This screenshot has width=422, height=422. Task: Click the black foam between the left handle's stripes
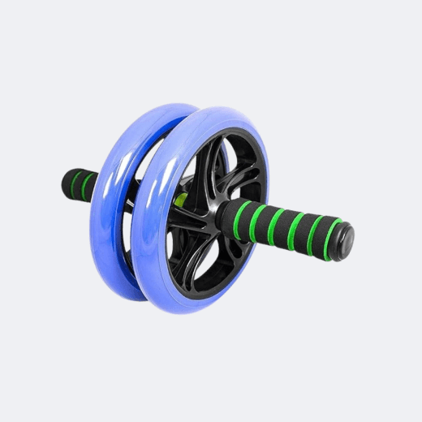(x=79, y=184)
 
